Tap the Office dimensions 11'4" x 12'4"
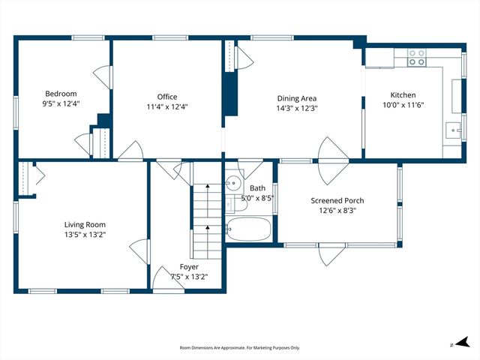166,106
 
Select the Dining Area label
297,98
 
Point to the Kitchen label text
402,95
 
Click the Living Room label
84,224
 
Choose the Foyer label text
189,266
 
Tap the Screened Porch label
338,201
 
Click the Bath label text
257,188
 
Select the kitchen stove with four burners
416,58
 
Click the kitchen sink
452,129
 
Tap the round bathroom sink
233,182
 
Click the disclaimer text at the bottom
239,348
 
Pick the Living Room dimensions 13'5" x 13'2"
84,234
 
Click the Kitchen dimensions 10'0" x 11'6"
402,106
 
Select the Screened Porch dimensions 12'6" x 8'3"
338,211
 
